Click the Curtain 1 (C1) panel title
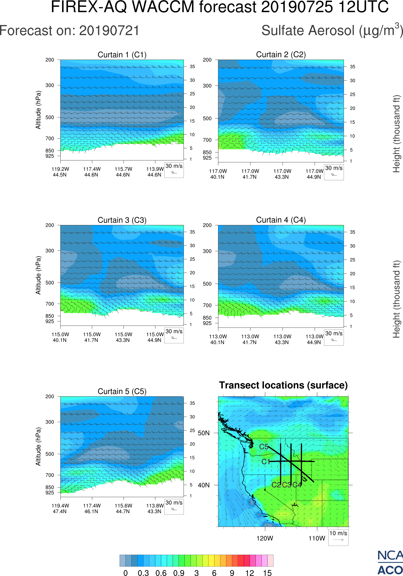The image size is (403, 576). click(x=122, y=55)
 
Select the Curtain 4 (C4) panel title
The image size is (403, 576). click(x=281, y=220)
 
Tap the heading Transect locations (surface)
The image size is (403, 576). click(x=283, y=385)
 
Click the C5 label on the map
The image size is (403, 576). click(x=264, y=447)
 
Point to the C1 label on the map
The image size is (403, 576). click(x=265, y=462)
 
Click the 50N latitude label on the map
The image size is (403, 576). click(x=204, y=433)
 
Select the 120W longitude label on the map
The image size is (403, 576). click(x=265, y=538)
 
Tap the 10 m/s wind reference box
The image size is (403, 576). click(x=338, y=537)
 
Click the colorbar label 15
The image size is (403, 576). click(x=267, y=573)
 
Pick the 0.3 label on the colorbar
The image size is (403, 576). click(x=143, y=573)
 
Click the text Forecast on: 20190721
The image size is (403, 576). click(x=69, y=31)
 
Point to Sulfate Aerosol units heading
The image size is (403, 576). click(x=332, y=31)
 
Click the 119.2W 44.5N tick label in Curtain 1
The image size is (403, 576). click(x=60, y=172)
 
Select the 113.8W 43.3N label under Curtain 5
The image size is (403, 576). click(x=155, y=508)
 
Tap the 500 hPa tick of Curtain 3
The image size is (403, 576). click(x=50, y=283)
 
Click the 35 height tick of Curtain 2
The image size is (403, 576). click(x=353, y=67)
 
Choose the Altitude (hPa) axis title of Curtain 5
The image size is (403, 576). click(x=38, y=447)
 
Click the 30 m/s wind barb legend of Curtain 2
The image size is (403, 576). click(x=334, y=172)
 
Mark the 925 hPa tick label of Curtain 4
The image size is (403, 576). click(x=207, y=323)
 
